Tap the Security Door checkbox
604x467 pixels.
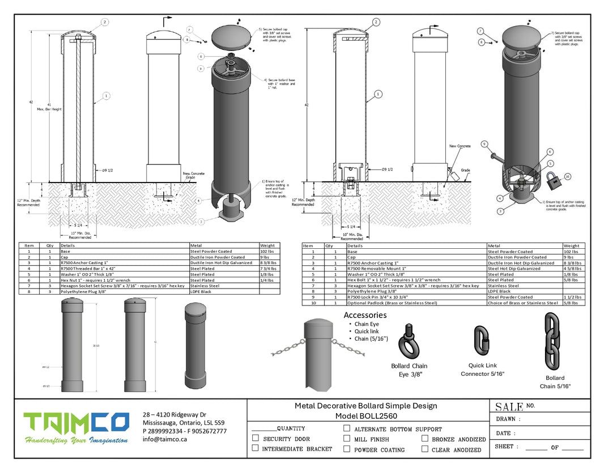point(256,438)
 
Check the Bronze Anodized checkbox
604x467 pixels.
point(425,439)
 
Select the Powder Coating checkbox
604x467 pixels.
point(347,449)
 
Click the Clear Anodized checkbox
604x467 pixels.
point(425,449)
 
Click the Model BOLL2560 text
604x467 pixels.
point(366,416)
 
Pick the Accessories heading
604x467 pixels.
point(365,315)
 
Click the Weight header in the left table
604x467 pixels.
point(267,245)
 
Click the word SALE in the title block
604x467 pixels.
point(509,406)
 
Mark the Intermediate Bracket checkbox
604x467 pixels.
point(256,448)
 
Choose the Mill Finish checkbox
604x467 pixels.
point(347,439)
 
